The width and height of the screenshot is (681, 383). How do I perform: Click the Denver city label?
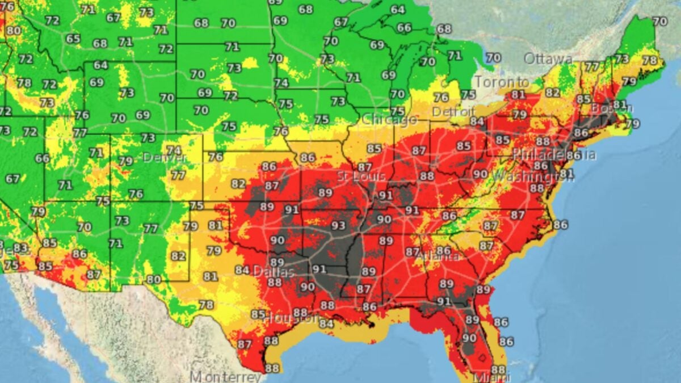pyautogui.click(x=157, y=157)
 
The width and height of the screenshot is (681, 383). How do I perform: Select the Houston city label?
pyautogui.click(x=291, y=318)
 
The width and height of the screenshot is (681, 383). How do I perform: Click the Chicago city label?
pyautogui.click(x=389, y=120)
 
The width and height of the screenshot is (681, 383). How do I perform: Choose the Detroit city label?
pyautogui.click(x=453, y=111)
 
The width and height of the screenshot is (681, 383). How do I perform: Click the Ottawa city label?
pyautogui.click(x=548, y=58)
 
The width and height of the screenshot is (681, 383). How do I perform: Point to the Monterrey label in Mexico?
pyautogui.click(x=225, y=376)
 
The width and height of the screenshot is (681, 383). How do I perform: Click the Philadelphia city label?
pyautogui.click(x=554, y=154)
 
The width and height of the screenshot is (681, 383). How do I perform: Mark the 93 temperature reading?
pyautogui.click(x=338, y=226)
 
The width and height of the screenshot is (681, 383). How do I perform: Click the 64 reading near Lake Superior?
pyautogui.click(x=397, y=10)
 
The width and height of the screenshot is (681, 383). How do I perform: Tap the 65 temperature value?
pyautogui.click(x=73, y=39)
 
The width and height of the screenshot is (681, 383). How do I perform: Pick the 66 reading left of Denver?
pyautogui.click(x=43, y=158)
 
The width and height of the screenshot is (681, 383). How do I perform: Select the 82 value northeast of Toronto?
pyautogui.click(x=552, y=92)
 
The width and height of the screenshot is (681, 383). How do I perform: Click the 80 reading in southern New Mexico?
pyautogui.click(x=153, y=279)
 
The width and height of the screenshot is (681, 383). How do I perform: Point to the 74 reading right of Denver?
pyautogui.click(x=174, y=150)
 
